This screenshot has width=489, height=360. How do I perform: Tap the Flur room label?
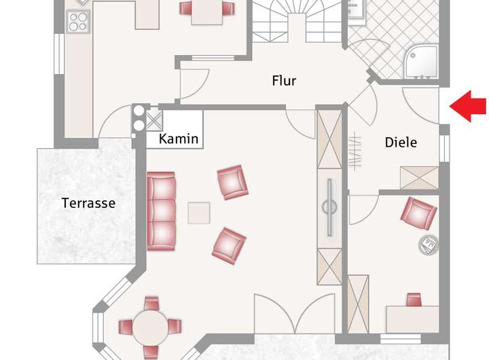[284, 81]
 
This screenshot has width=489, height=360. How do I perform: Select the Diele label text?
[401, 143]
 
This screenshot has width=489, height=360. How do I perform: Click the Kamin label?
[179, 139]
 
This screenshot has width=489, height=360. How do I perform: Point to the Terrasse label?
[88, 202]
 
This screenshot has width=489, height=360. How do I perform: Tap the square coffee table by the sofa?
[199, 213]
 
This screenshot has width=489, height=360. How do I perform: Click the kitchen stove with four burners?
[77, 22]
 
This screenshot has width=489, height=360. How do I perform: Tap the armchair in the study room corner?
[418, 213]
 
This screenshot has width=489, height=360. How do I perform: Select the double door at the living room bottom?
[295, 314]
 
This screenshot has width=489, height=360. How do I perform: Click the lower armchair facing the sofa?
[229, 245]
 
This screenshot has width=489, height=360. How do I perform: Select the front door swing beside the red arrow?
[421, 105]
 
